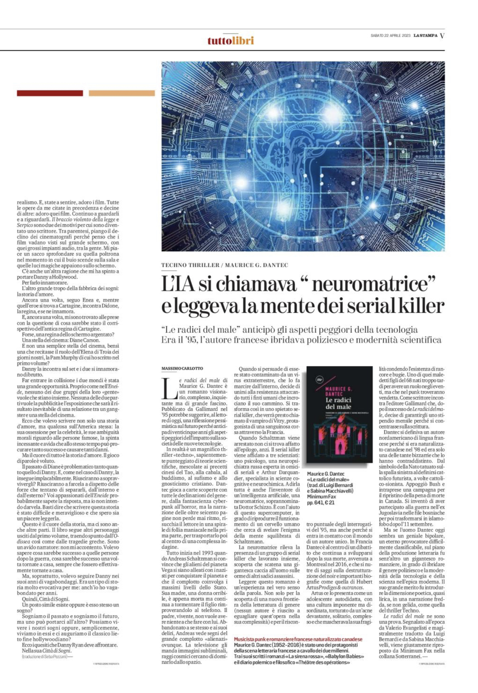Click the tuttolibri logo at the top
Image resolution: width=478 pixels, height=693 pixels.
(231, 40)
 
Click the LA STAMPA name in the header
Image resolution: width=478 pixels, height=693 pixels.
(425, 35)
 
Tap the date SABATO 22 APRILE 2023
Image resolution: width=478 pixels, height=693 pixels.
(390, 35)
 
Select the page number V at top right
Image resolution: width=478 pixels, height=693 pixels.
(442, 36)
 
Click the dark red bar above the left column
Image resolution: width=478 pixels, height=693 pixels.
(50, 93)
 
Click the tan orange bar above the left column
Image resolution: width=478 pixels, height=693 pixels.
(122, 93)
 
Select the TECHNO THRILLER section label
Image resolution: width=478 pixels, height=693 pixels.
(190, 265)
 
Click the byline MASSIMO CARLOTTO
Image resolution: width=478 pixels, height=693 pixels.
(182, 368)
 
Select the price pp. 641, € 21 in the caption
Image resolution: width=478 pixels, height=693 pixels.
(321, 502)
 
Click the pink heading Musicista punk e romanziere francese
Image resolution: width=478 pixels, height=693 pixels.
(298, 639)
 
